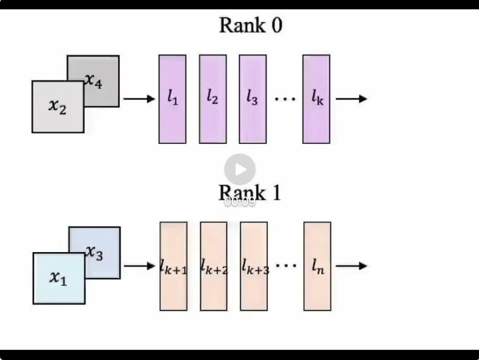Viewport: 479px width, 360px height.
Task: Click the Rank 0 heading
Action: point(250,26)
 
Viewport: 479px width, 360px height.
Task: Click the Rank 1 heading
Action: point(250,193)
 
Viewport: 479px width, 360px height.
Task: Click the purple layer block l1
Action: point(172,99)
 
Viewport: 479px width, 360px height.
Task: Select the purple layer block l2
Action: point(213,99)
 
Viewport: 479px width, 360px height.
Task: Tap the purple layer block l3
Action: point(252,99)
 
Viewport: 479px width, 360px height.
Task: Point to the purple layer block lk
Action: point(316,99)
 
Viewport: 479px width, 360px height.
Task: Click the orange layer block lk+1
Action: point(173,266)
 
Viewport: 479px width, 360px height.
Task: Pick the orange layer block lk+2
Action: point(214,266)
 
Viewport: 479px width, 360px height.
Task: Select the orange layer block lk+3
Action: point(254,266)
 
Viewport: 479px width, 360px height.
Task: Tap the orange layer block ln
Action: point(317,266)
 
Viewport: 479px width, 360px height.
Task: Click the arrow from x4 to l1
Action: point(139,99)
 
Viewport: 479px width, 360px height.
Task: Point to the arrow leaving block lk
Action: point(351,99)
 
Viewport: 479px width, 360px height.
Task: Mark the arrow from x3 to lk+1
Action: point(139,266)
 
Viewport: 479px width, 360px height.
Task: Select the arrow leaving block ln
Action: point(351,266)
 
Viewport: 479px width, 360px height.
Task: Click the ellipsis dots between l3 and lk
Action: point(284,99)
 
